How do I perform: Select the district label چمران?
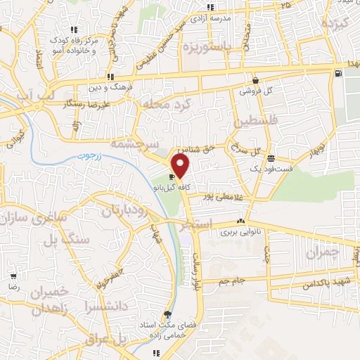click(x=323, y=252)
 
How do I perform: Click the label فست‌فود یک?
click(x=251, y=169)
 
